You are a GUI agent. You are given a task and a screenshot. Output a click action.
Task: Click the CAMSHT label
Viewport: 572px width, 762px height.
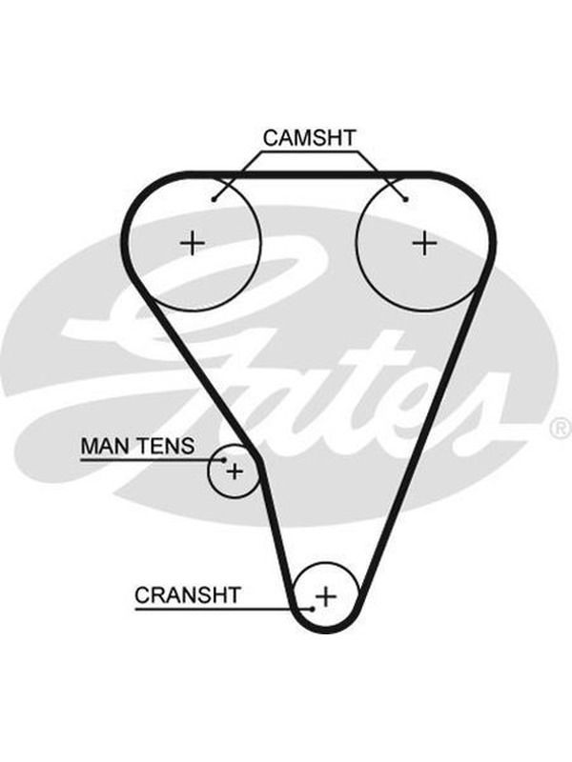(309, 138)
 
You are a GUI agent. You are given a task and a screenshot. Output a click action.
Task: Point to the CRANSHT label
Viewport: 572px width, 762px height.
(188, 594)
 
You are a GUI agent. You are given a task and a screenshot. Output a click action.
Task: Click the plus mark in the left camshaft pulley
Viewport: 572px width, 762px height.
(193, 243)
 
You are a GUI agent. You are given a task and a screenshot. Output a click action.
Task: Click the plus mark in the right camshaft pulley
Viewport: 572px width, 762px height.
(424, 243)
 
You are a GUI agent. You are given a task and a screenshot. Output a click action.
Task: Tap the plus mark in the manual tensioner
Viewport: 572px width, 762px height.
(235, 471)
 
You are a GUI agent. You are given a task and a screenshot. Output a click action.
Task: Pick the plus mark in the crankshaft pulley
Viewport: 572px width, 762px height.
(326, 596)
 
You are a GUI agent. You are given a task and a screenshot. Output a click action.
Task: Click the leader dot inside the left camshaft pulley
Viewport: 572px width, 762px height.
(213, 199)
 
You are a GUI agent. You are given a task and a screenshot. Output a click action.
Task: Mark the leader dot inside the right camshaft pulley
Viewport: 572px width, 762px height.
(406, 199)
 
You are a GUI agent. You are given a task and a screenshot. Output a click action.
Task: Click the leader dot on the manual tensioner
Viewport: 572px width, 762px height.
(224, 460)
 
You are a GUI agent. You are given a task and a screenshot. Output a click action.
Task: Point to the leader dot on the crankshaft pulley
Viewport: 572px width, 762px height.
(312, 609)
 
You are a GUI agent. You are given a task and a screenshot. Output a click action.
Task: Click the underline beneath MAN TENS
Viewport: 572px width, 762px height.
(152, 459)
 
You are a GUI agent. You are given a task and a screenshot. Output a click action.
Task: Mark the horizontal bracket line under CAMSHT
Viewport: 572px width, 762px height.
(309, 152)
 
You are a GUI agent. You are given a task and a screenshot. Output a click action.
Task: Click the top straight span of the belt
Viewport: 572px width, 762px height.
(309, 174)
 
